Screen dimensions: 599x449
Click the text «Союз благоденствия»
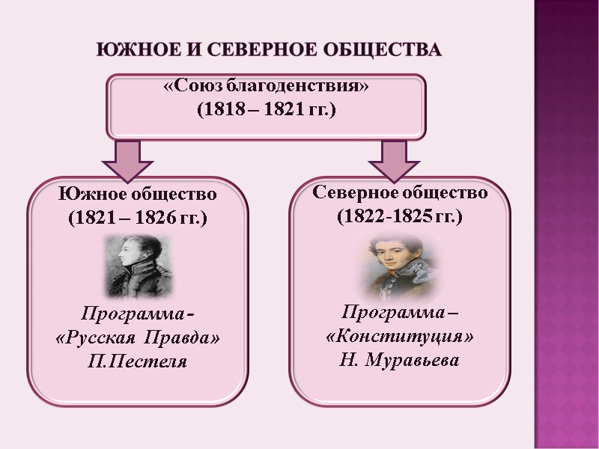[x=267, y=87]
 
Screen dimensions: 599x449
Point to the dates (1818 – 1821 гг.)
[x=267, y=109]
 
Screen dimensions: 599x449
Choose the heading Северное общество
[x=400, y=192]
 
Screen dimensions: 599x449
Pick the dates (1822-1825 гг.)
[x=400, y=217]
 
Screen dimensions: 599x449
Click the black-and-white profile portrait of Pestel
[x=139, y=266]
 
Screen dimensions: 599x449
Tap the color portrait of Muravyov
[x=398, y=266]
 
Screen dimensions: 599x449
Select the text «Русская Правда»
[x=139, y=338]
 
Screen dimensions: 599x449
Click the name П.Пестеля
[x=139, y=362]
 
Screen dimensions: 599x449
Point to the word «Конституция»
[x=400, y=337]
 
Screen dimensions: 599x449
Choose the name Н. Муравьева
[x=400, y=361]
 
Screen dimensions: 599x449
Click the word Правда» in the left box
[x=188, y=338]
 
